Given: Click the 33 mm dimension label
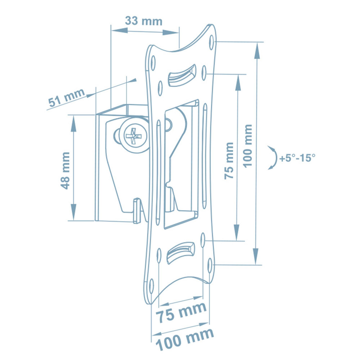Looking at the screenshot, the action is coord(144,21).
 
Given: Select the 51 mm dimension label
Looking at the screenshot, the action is coord(66,98).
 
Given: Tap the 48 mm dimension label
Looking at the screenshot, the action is coord(65,171).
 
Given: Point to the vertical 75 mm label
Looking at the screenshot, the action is coord(229,161).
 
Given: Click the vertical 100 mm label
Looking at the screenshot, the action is coord(248,146).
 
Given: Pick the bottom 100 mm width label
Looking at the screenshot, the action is coord(185,339).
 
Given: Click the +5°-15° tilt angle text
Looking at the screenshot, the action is coord(297,158).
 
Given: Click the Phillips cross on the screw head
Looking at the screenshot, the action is coord(134,136).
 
